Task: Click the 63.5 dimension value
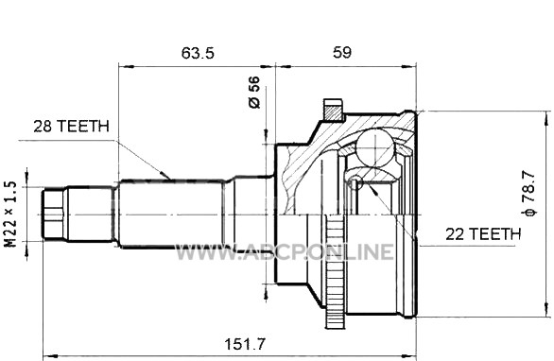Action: pos(198,53)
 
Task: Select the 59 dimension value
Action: pos(342,52)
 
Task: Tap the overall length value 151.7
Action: pos(245,344)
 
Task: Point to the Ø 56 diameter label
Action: pos(254,92)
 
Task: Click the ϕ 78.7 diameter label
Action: pos(528,193)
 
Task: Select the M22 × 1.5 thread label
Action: pos(10,215)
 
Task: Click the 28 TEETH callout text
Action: pos(71,126)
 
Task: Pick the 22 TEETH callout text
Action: pos(483,233)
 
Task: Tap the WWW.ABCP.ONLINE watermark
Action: pos(285,251)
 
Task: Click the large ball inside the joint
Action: pos(374,146)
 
